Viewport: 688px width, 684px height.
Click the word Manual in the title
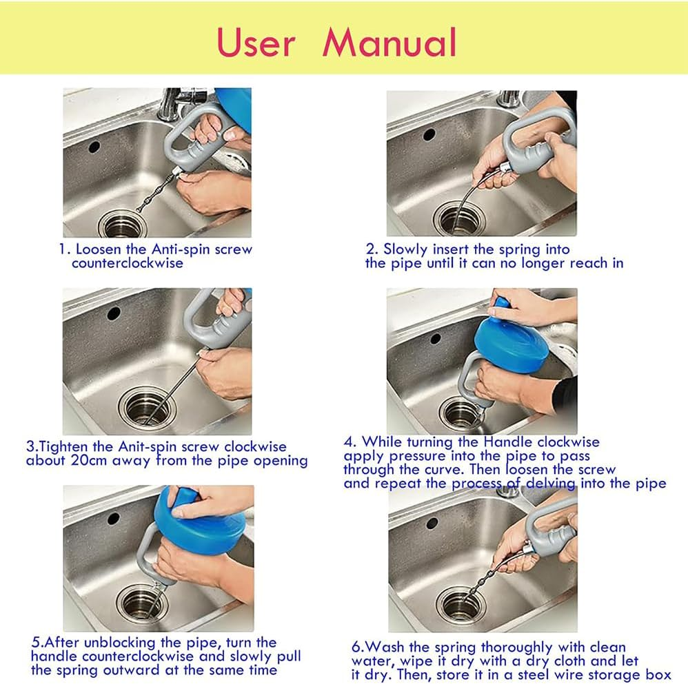coord(389,42)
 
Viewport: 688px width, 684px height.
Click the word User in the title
coord(256,42)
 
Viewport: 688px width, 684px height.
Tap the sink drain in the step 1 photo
coord(123,223)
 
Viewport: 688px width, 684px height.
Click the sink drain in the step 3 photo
coord(144,406)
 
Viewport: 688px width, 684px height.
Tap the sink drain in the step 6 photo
coord(461,603)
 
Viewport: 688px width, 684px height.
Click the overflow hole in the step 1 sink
coord(94,146)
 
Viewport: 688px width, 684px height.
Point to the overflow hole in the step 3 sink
coord(113,313)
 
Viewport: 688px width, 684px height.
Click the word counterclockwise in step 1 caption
coord(128,263)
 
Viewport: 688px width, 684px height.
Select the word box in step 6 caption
coord(658,674)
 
